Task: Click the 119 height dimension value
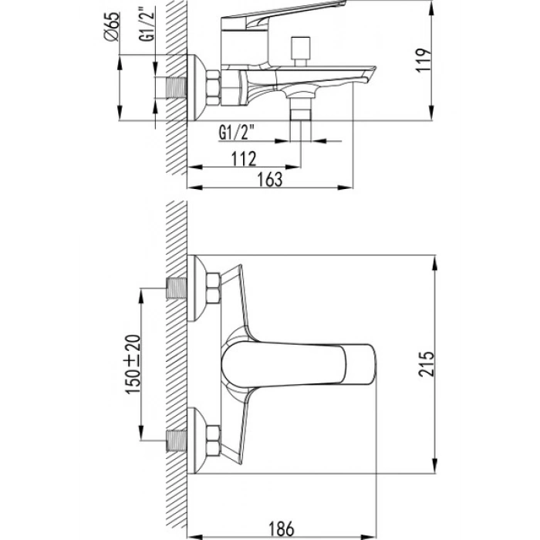[x=424, y=60]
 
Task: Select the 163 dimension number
[x=270, y=180]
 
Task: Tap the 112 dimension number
[x=244, y=159]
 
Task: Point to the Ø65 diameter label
[x=113, y=27]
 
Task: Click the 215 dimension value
[x=427, y=364]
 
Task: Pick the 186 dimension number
[x=282, y=529]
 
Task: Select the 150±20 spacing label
[x=133, y=364]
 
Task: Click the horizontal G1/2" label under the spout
[x=237, y=133]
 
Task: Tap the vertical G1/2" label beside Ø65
[x=148, y=24]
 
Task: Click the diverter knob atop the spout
[x=301, y=51]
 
